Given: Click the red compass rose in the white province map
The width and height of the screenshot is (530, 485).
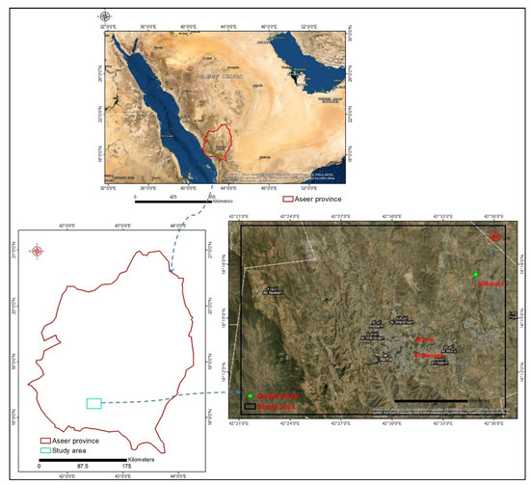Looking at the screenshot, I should point(38,252).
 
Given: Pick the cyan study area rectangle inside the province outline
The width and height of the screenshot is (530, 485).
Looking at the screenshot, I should point(93,403).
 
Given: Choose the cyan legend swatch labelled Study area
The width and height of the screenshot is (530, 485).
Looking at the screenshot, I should point(44,449).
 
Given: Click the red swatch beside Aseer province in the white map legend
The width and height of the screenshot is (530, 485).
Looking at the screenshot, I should point(44,440).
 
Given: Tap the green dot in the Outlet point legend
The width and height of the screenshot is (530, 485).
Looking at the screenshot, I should point(249,396).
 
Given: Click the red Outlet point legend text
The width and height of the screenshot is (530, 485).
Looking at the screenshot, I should point(271,396).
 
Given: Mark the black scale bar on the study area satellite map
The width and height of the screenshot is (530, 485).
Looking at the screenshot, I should point(431,399).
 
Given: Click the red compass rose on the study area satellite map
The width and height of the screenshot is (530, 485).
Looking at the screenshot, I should point(495,236).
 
